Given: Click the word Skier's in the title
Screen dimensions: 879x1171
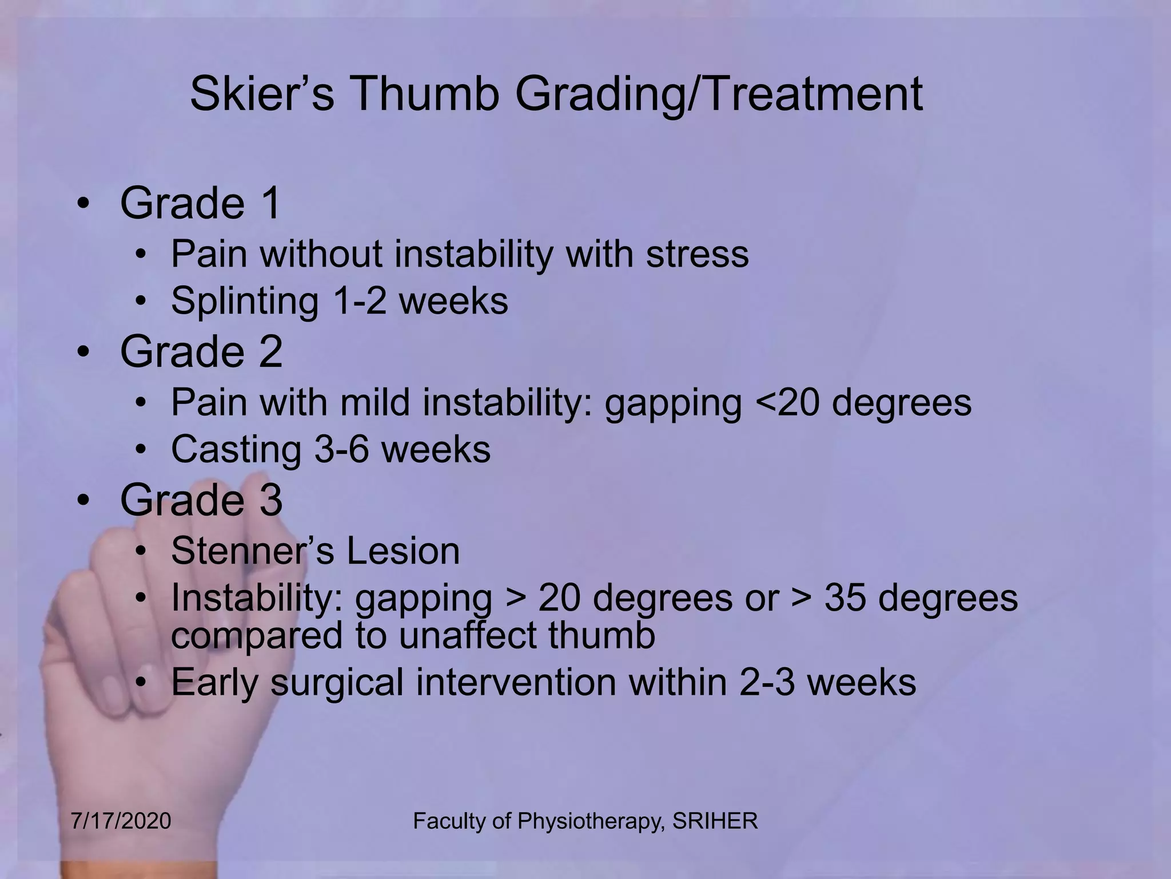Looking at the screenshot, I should click(x=261, y=94).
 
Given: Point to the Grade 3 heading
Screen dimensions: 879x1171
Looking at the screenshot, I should click(x=201, y=500).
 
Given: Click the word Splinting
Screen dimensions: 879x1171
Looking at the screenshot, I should click(x=245, y=301).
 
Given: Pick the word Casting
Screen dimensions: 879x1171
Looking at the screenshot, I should click(x=236, y=449).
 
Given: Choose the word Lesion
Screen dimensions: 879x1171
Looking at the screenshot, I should click(x=403, y=551).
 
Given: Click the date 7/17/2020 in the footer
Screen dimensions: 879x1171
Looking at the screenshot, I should click(x=121, y=821).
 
